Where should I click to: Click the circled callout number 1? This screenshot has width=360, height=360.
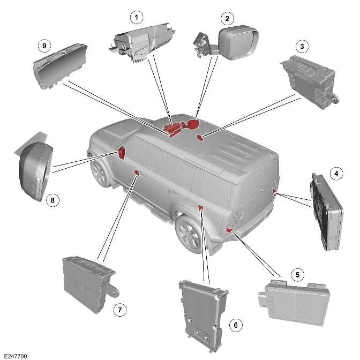coord(137,18)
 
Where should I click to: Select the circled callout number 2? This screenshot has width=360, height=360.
coord(227,19)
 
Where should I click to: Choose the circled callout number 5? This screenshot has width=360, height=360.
coord(299,274)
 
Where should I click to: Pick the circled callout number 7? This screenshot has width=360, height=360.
coord(120,310)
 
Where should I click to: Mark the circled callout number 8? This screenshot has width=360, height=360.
coord(52,200)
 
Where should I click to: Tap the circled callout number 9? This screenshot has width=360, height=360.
coord(44,46)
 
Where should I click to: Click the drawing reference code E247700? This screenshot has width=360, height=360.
coord(15,355)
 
